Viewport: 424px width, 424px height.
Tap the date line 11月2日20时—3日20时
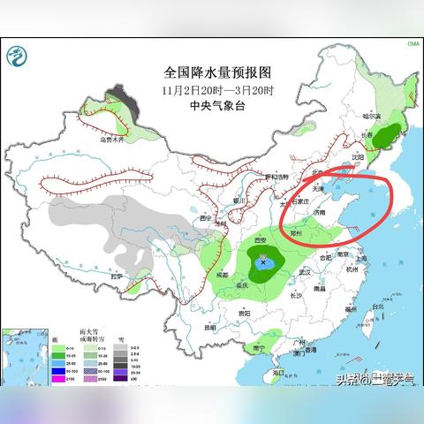(212, 89)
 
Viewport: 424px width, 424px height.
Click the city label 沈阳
(357, 156)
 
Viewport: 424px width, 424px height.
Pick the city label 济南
(322, 213)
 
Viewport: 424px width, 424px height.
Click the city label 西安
(260, 241)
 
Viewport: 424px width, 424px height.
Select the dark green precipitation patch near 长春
(385, 137)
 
